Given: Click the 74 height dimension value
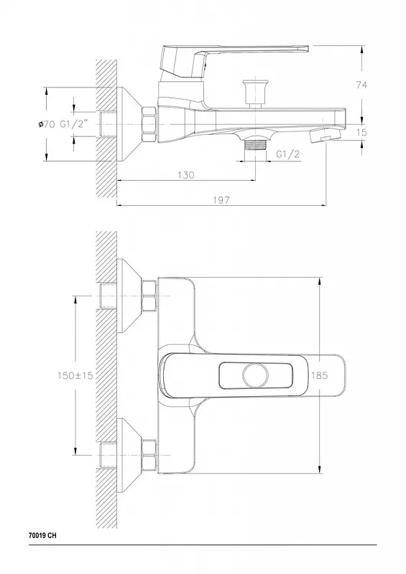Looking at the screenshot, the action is (x=361, y=85).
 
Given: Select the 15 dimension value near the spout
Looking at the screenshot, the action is (x=361, y=132).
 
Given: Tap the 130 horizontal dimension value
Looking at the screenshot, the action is (x=186, y=175).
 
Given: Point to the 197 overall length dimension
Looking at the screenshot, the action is (x=221, y=200).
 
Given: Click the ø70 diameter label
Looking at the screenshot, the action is (x=46, y=124).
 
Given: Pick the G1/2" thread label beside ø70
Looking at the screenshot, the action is (x=74, y=123).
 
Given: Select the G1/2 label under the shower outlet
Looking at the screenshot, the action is (x=287, y=154).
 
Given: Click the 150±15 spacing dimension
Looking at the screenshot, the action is (x=75, y=375).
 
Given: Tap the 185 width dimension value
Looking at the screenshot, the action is (x=319, y=375).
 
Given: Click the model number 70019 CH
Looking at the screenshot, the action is (x=42, y=535).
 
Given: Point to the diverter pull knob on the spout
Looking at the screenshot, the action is (x=252, y=93).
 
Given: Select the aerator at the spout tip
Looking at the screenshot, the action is (x=325, y=136).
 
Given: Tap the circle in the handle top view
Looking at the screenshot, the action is (x=255, y=375).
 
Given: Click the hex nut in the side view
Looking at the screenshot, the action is (x=149, y=124).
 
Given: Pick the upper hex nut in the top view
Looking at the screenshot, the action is (x=149, y=296).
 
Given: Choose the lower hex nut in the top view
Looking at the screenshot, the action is (x=149, y=456).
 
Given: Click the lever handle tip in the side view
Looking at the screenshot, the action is (x=308, y=48).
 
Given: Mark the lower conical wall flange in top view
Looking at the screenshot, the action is (x=129, y=456).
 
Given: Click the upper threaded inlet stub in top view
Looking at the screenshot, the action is (x=108, y=296).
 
